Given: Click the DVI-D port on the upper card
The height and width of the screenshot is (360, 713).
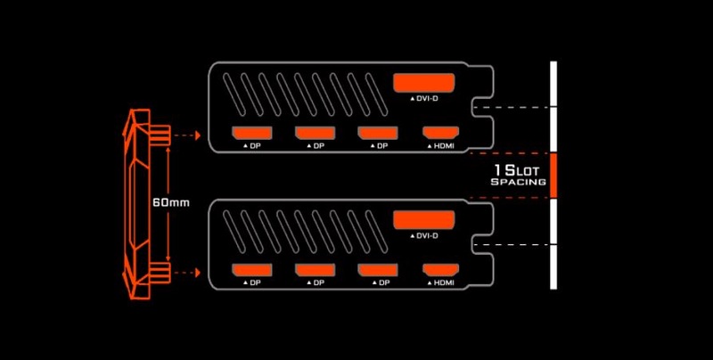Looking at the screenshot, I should pos(424,84).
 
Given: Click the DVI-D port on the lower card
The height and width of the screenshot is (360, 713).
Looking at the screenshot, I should pos(424,219).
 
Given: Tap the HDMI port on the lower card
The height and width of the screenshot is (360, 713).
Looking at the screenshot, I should pos(439,270).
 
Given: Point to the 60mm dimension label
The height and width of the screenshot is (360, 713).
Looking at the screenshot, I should pos(170,202).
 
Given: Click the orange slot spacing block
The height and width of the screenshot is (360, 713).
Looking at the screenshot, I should pos(553,175).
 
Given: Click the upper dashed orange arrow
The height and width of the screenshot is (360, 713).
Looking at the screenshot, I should pos(184,135).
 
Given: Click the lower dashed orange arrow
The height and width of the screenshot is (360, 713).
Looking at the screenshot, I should pos(184,270).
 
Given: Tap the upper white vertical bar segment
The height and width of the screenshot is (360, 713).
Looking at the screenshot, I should pos(553,107).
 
